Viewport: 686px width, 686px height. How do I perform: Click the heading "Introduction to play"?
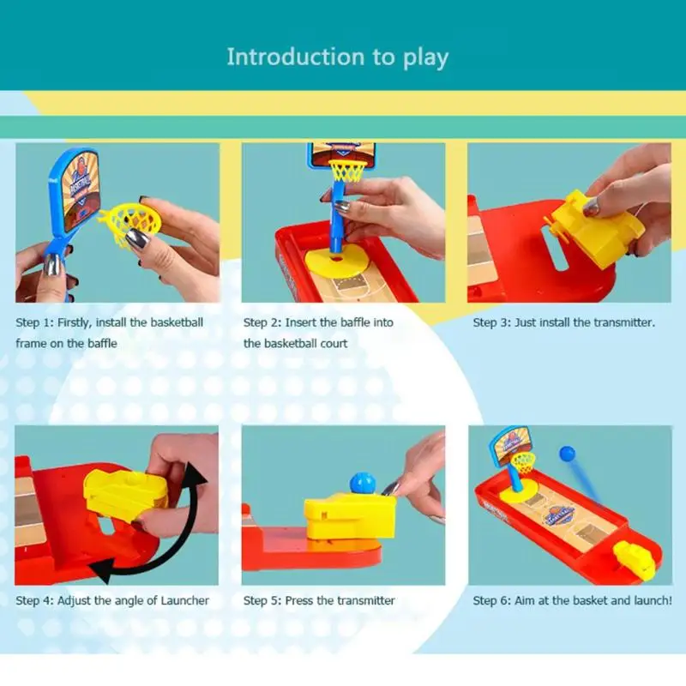point(337,57)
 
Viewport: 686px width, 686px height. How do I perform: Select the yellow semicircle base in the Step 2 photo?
point(335,262)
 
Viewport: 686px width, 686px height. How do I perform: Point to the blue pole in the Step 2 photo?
point(337,216)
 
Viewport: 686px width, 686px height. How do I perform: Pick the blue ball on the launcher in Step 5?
point(363,484)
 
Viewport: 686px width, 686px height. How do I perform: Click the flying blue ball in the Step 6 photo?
point(567,454)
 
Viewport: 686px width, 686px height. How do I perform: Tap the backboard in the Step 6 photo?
point(509,445)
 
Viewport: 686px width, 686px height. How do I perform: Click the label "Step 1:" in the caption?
point(34,323)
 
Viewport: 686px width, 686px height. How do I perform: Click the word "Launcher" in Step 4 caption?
point(184,601)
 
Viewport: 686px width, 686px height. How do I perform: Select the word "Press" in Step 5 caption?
point(298,601)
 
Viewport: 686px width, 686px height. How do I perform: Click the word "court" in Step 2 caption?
point(334,344)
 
